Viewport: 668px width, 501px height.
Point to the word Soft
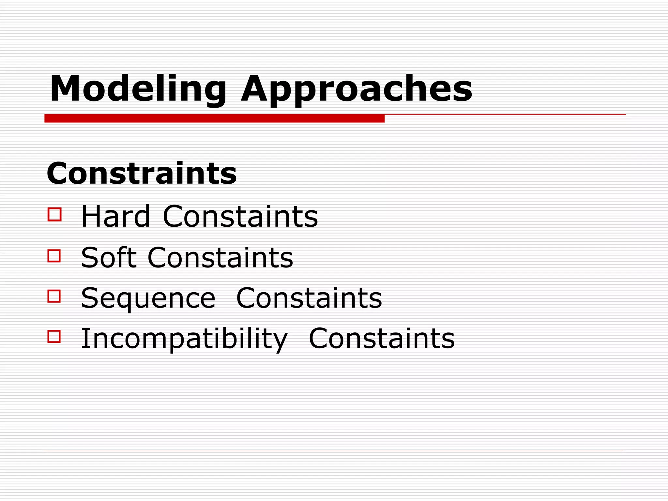coord(109,257)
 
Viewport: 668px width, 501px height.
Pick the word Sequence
coord(148,298)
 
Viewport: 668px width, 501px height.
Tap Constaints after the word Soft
coord(220,257)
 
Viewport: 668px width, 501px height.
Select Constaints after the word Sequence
coord(309,298)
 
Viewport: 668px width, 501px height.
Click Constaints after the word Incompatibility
coord(382,339)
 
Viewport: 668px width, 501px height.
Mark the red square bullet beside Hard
coord(54,215)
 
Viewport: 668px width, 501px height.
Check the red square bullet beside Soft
coord(54,256)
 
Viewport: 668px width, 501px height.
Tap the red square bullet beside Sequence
coord(54,296)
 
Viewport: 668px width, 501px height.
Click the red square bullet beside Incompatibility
coord(54,337)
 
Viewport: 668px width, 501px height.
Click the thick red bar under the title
coord(214,118)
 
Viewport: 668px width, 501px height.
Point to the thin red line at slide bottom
coord(334,451)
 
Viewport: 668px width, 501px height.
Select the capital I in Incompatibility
coord(84,338)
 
